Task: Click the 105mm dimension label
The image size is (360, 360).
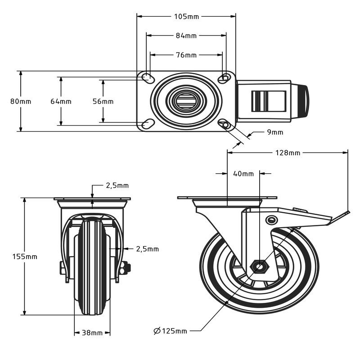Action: coord(186,17)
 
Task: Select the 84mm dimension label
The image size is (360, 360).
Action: coord(186,36)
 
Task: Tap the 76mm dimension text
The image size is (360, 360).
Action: coord(186,55)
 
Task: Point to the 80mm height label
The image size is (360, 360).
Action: coord(21,101)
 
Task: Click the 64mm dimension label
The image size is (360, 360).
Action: coord(61,101)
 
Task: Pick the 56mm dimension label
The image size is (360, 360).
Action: coord(103,101)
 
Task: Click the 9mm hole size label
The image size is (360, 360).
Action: coord(274,132)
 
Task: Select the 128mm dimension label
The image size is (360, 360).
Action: coord(288,153)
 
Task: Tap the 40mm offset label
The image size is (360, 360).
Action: coord(243,173)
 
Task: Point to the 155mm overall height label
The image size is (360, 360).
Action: coord(25,256)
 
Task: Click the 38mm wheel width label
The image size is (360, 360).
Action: coord(92,333)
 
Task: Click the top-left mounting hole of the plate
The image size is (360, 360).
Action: coord(147,78)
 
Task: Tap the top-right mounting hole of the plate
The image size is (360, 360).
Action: coord(224,78)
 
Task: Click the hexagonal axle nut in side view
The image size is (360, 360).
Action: coord(260,267)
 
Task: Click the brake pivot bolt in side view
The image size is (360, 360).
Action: coord(271,219)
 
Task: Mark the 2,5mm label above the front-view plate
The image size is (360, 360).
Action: coord(117,185)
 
